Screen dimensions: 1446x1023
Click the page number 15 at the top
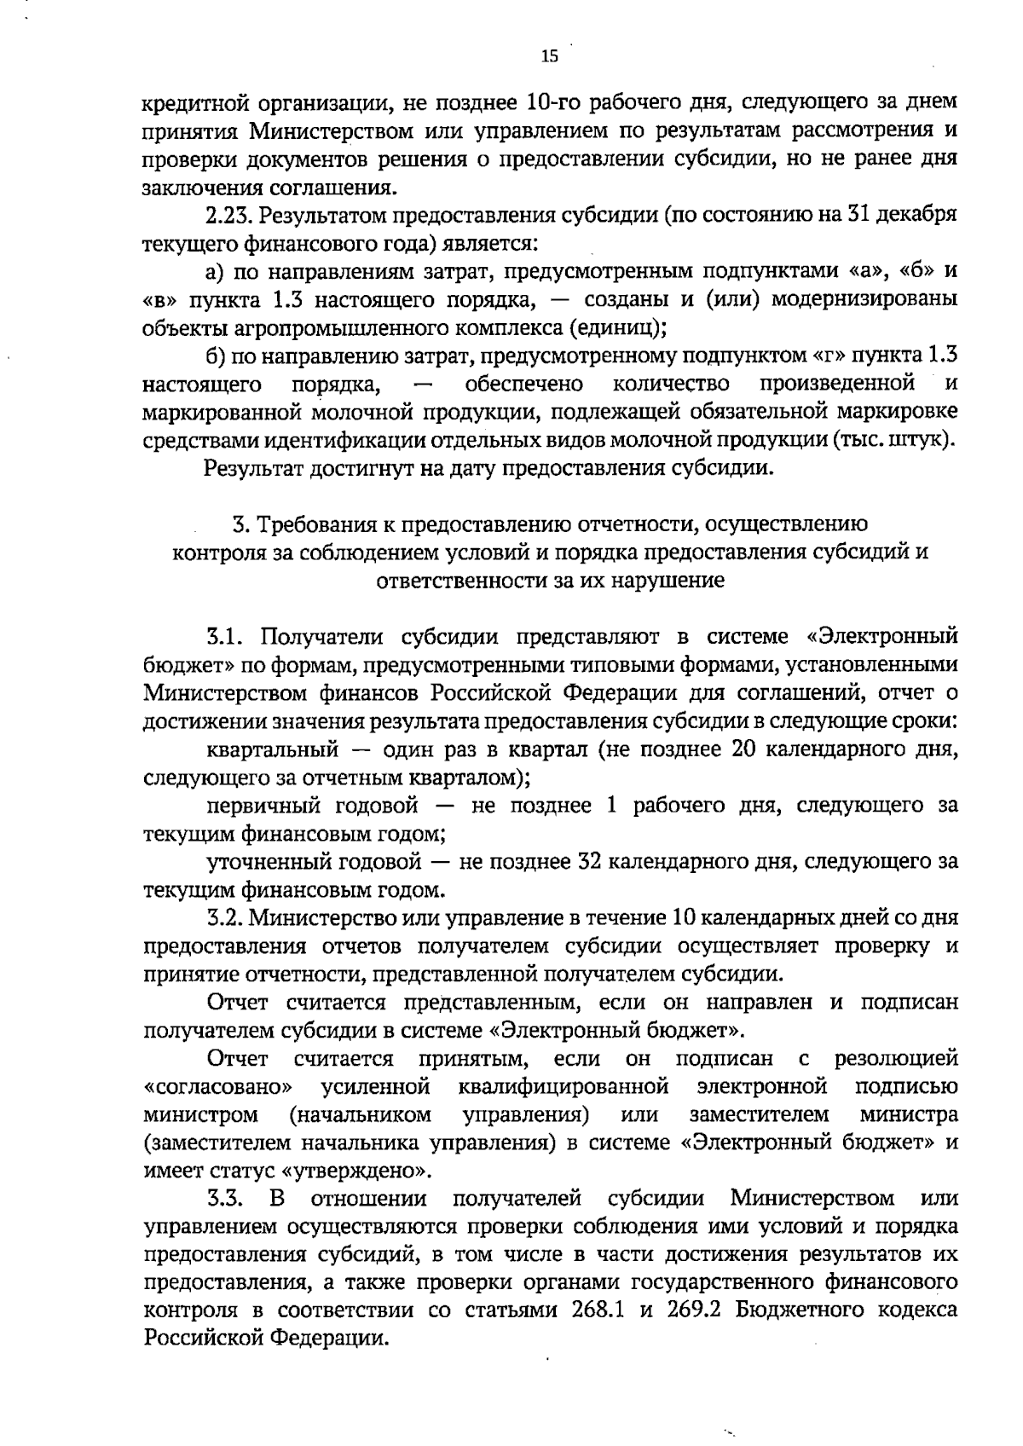549,56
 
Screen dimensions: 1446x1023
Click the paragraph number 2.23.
231,215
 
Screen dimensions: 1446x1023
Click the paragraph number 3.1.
226,637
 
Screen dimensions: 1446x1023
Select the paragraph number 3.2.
226,918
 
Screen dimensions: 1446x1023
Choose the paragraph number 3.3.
226,1200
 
